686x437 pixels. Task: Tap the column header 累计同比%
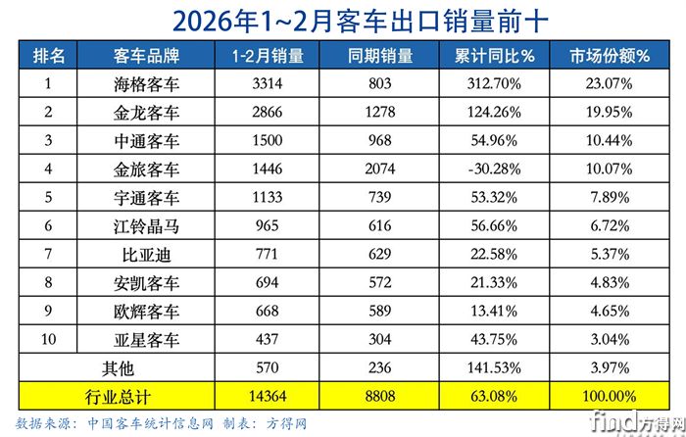[x=496, y=56]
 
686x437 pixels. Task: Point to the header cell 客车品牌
[x=145, y=56]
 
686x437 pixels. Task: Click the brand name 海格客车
[x=145, y=85]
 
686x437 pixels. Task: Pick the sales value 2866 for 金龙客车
[x=264, y=114]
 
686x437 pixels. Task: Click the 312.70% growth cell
[x=496, y=85]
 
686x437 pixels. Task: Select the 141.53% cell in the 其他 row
[x=496, y=368]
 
